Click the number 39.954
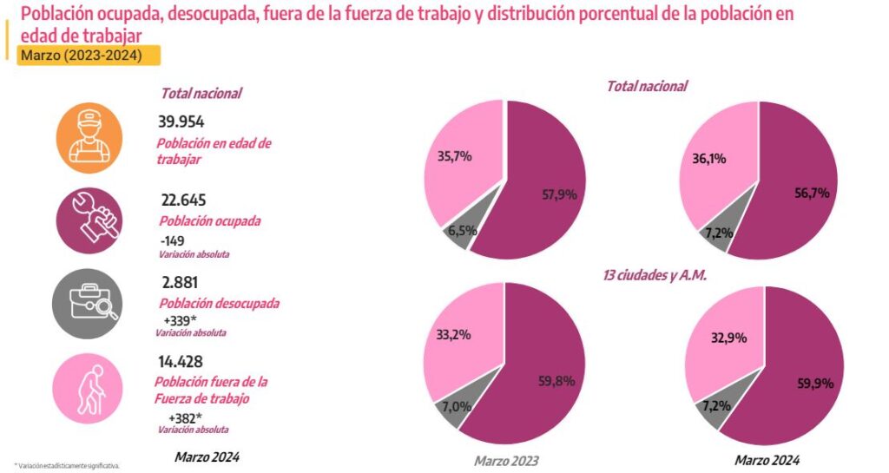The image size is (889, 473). tap(181, 122)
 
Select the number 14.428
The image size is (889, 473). tap(180, 360)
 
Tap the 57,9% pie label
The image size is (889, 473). tap(559, 195)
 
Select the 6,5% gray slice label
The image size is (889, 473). tap(458, 232)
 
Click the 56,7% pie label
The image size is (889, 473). tap(812, 194)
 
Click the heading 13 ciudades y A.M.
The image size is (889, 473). tap(654, 275)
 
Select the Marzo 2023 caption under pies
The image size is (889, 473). tap(505, 460)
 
